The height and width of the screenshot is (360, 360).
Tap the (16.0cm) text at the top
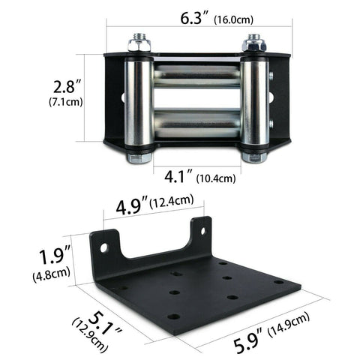(x=234, y=19)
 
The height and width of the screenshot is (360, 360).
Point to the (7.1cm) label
(x=66, y=102)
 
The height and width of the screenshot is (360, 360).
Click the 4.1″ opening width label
(x=178, y=176)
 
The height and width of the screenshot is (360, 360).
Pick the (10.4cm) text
(x=216, y=178)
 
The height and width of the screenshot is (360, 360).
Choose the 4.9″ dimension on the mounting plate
(x=131, y=206)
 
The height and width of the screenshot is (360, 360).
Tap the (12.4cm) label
(x=172, y=201)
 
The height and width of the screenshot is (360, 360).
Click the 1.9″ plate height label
(x=52, y=256)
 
